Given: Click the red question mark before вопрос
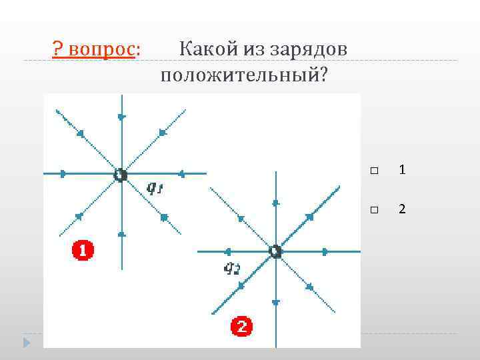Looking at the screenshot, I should pyautogui.click(x=58, y=49).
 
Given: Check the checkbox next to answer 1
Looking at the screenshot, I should pyautogui.click(x=373, y=171).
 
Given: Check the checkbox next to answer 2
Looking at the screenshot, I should pyautogui.click(x=373, y=210).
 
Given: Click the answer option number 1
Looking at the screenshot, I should pyautogui.click(x=402, y=171).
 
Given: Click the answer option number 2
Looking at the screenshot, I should pyautogui.click(x=402, y=209).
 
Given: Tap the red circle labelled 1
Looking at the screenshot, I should pyautogui.click(x=83, y=251).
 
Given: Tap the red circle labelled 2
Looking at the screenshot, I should pyautogui.click(x=241, y=327).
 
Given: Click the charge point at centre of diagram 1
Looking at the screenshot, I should pyautogui.click(x=120, y=175).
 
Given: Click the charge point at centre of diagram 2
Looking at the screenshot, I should pyautogui.click(x=275, y=251).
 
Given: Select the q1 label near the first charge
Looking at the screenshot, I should pyautogui.click(x=155, y=189).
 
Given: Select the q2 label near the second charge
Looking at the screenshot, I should pyautogui.click(x=231, y=269).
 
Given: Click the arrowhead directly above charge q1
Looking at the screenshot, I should pyautogui.click(x=121, y=117).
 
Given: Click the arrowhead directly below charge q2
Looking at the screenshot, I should pyautogui.click(x=275, y=302).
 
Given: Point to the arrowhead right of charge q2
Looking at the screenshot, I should pyautogui.click(x=325, y=251).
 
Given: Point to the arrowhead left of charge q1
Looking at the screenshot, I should pyautogui.click(x=63, y=174).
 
